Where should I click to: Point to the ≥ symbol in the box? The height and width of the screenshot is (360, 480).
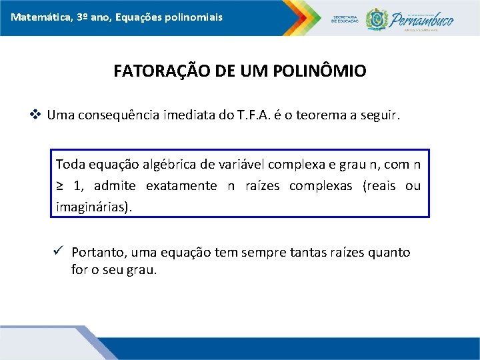[x=60, y=185]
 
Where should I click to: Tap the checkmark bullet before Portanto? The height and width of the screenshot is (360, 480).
[x=58, y=251]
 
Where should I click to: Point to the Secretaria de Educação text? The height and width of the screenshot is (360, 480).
[x=345, y=19]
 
